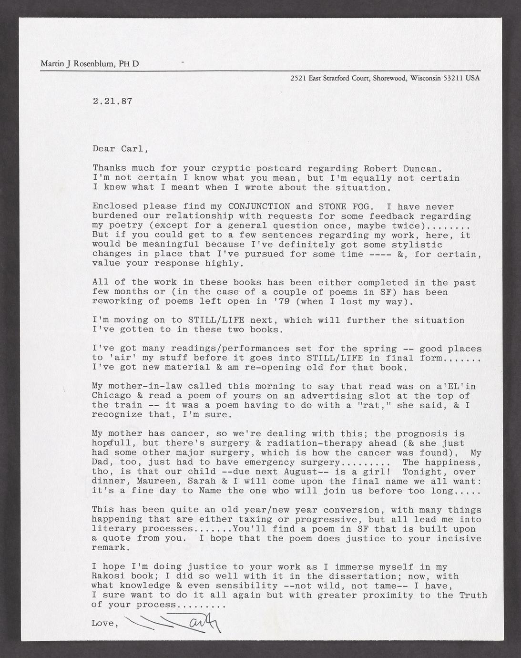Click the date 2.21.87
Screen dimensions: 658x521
tap(112, 101)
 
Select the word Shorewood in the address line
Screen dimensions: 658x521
tap(390, 78)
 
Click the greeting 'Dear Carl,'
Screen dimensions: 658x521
tap(120, 148)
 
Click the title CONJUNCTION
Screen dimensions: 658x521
tap(259, 206)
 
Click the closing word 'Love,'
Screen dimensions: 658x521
tap(106, 623)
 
